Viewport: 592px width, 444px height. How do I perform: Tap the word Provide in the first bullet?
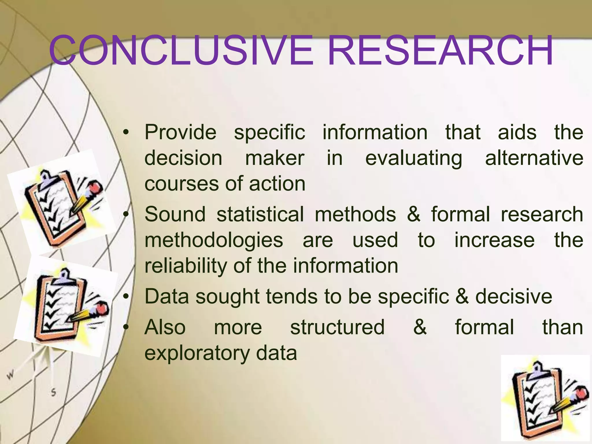pos(180,132)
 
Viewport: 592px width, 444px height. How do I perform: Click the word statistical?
pos(260,214)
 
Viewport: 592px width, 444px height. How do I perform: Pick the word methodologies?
pos(214,241)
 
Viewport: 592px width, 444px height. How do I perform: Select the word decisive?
pos(514,297)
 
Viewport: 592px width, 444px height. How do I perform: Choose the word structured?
pos(337,327)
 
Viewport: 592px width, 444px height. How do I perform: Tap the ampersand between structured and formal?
pos(420,327)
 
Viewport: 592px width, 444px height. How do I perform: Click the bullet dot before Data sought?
pos(125,297)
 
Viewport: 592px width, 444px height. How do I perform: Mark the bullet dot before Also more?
pos(125,328)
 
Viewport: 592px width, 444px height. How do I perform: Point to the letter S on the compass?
pos(53,392)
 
